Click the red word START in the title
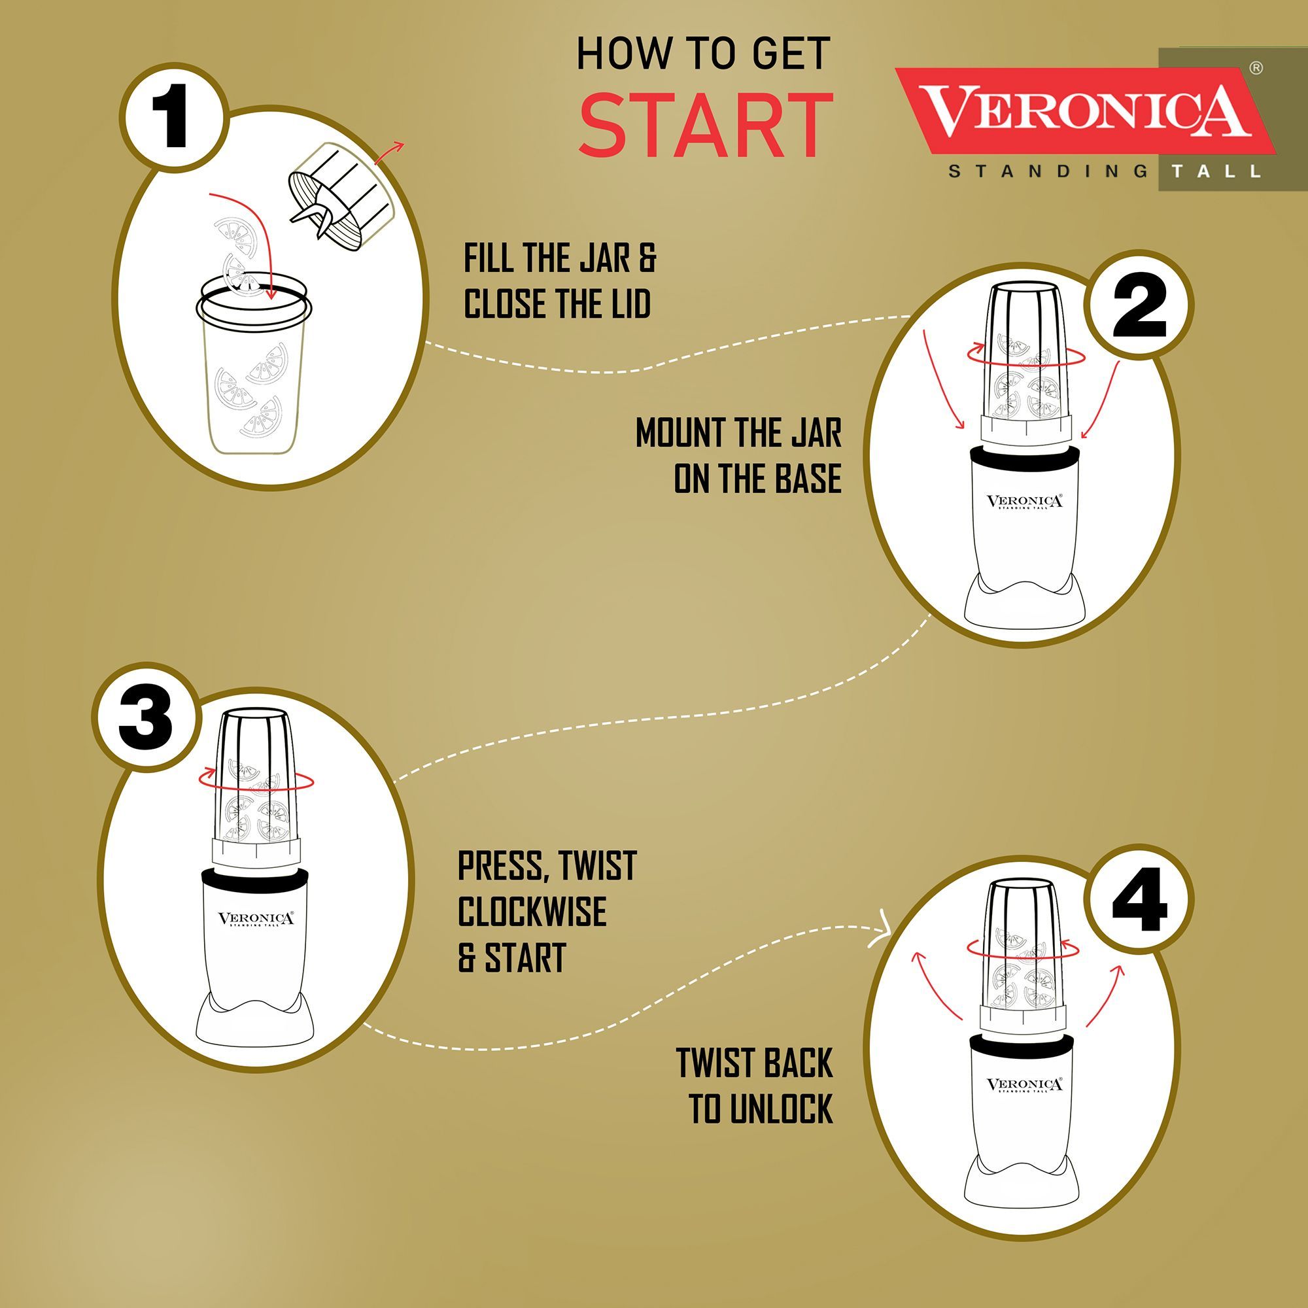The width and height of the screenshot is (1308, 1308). pos(706,126)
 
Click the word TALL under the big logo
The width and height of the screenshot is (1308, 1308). pos(1216,171)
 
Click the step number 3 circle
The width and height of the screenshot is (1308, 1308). pos(146,717)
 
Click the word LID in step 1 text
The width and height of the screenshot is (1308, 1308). pos(631,303)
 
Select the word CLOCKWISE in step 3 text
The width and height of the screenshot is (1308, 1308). pos(532,912)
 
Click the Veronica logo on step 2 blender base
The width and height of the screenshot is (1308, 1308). pos(1024,502)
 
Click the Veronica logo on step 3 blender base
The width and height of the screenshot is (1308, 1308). pos(256,920)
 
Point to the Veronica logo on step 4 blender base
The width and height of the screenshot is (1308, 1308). pos(1024,1085)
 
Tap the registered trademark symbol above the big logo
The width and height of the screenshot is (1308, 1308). pos(1256,68)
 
